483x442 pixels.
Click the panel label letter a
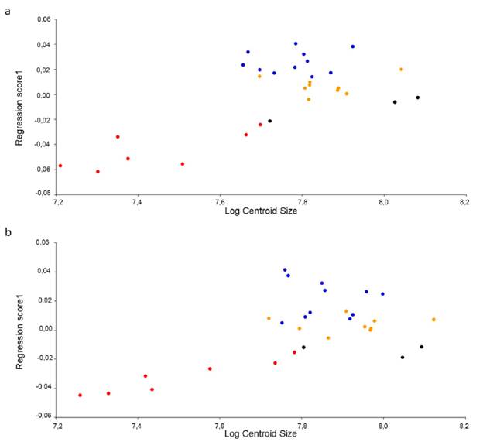pos(7,12)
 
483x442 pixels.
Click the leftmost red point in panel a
pos(60,166)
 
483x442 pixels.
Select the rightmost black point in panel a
pos(417,98)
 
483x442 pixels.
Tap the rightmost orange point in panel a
pos(401,70)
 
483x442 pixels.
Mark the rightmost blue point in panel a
pos(352,46)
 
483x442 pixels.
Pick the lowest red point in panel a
pos(98,172)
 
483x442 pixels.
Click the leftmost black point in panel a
pos(269,121)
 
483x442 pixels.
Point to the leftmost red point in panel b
pos(80,396)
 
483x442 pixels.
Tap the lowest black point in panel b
pos(402,358)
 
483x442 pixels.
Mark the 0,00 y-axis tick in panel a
pos(45,95)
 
